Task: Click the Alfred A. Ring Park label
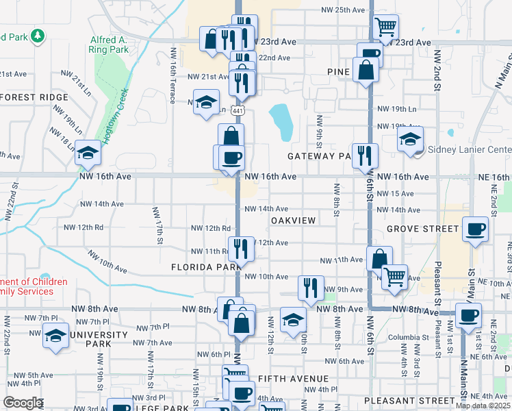(x=109, y=45)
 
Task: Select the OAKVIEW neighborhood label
(x=293, y=221)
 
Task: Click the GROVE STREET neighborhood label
(x=422, y=228)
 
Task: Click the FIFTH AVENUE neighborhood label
(x=294, y=378)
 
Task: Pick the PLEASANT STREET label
(x=410, y=400)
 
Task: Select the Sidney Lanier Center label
(x=469, y=150)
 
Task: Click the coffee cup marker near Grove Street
(x=475, y=229)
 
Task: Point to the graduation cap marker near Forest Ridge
(x=88, y=152)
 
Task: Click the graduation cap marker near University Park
(x=55, y=336)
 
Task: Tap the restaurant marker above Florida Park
(x=240, y=249)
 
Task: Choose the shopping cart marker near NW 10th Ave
(x=394, y=277)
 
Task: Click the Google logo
(x=23, y=403)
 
